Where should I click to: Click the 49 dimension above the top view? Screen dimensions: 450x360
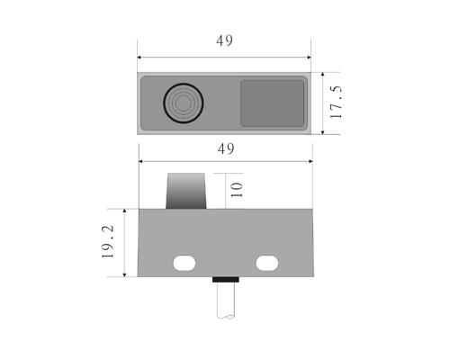tap(224, 40)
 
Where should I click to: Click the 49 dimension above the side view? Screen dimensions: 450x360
tap(226, 148)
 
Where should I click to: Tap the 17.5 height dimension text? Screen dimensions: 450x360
tap(336, 103)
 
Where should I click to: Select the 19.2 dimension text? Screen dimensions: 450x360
tap(108, 242)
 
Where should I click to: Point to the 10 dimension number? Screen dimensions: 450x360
tap(237, 190)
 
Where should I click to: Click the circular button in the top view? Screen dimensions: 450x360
tap(184, 103)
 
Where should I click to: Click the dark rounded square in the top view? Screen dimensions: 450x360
tap(272, 103)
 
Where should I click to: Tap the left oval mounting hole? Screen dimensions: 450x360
tap(184, 263)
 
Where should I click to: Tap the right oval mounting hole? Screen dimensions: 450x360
tap(267, 263)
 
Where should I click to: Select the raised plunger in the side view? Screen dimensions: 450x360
tap(186, 191)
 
